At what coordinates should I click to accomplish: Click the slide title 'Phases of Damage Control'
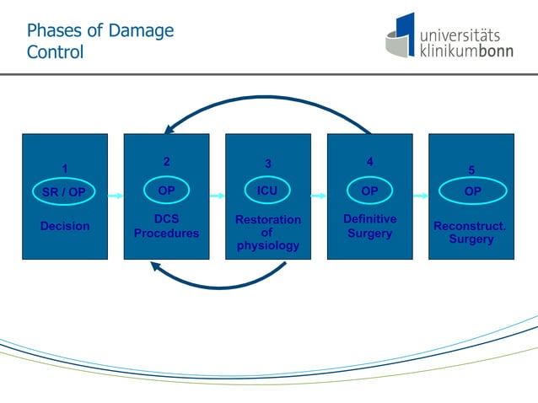click(100, 41)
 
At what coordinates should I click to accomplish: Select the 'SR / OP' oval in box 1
click(64, 192)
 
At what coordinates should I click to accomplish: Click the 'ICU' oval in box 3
click(267, 191)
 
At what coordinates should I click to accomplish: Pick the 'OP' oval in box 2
click(166, 191)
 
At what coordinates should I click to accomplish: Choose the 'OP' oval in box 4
click(369, 191)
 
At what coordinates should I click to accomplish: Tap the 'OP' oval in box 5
click(472, 191)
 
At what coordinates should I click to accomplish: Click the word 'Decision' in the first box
click(64, 226)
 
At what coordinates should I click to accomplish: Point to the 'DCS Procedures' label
click(166, 226)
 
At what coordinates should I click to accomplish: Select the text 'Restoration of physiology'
click(267, 233)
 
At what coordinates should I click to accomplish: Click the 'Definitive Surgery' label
click(369, 226)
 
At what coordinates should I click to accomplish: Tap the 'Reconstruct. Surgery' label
click(471, 233)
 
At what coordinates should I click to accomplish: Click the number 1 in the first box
click(64, 169)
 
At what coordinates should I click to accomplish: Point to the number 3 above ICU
click(267, 164)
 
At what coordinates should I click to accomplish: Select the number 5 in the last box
click(471, 169)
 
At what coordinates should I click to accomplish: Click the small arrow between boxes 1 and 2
click(116, 196)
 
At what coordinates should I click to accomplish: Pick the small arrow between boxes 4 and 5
click(421, 196)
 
